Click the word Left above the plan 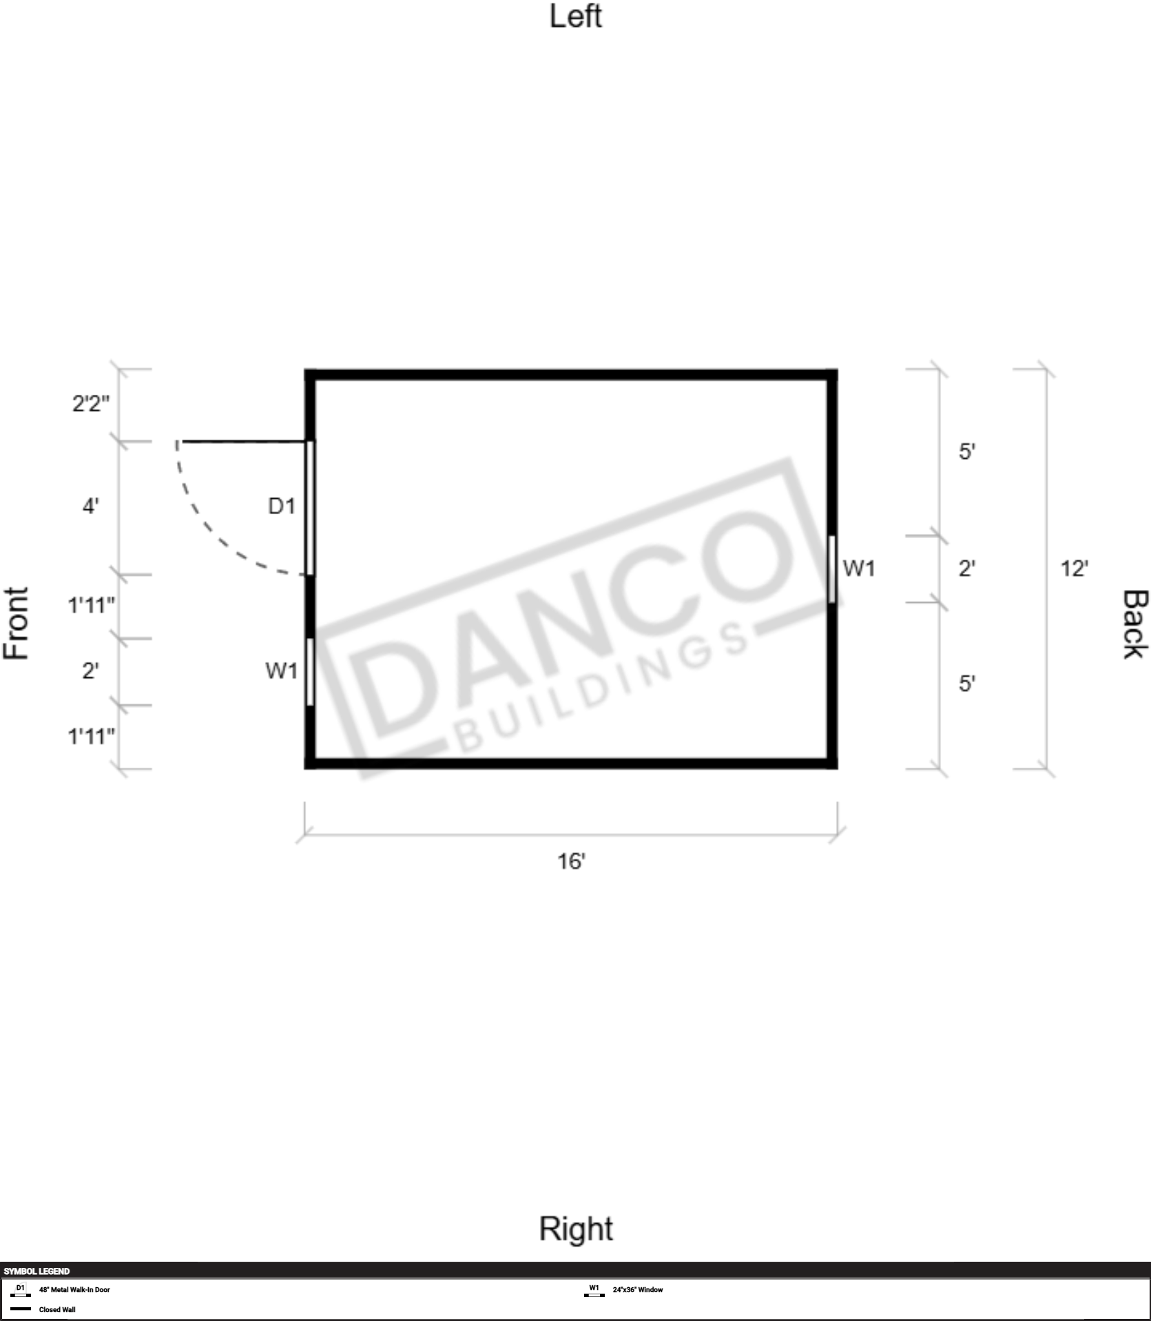tap(575, 16)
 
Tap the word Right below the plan tap(576, 1229)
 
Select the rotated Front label tap(16, 624)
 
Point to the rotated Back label tap(1136, 624)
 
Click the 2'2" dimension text tap(91, 402)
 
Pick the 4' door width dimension tap(90, 506)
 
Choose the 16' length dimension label tap(571, 861)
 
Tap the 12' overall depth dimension tap(1075, 569)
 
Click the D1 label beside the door tap(282, 506)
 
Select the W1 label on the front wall tap(282, 670)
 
